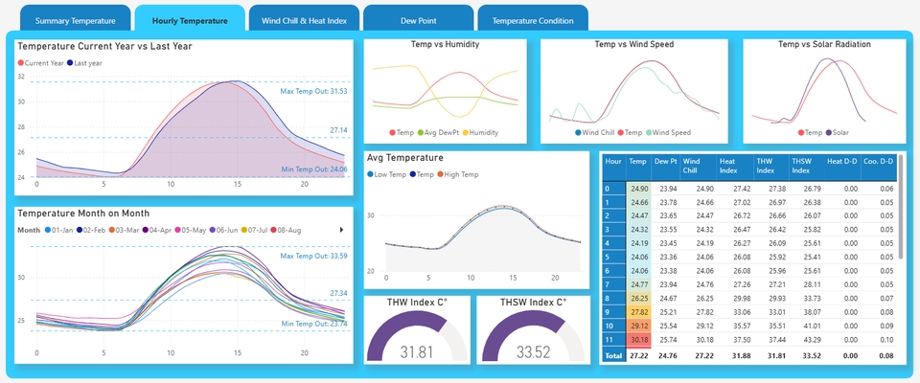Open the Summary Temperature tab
[x=75, y=20]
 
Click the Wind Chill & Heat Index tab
[x=304, y=20]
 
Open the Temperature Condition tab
[x=533, y=20]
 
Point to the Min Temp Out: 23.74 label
[x=314, y=324]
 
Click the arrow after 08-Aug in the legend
[x=342, y=230]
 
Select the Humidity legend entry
[x=485, y=133]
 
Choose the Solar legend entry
[x=839, y=133]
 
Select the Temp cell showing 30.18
[x=638, y=339]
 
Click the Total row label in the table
[x=613, y=356]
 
